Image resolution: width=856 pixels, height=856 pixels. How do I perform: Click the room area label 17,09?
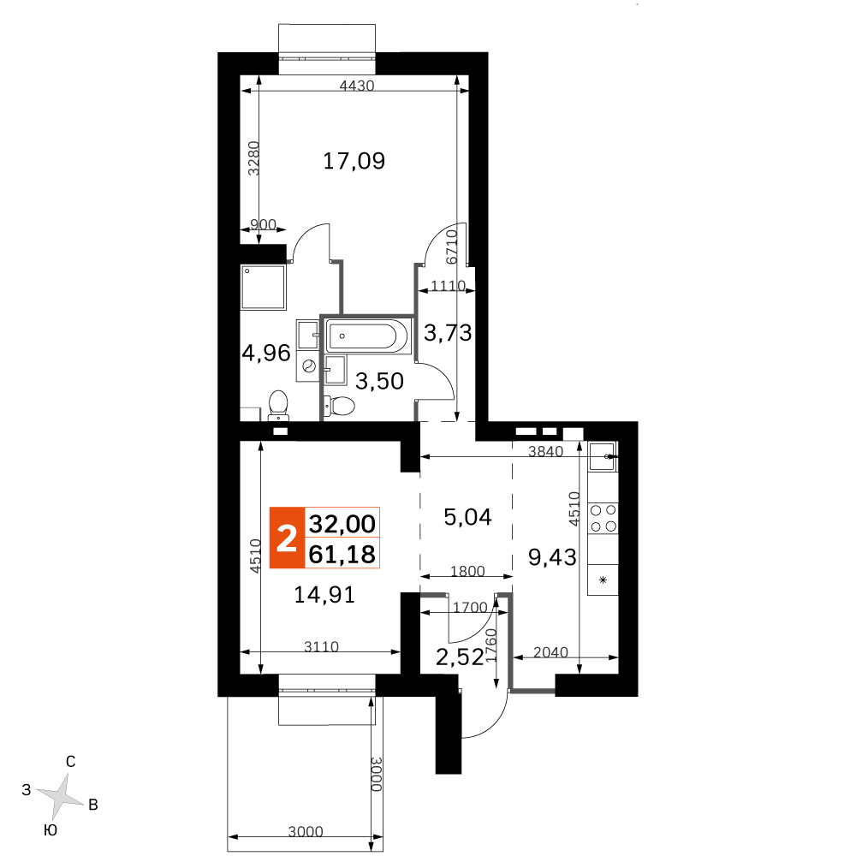click(x=354, y=160)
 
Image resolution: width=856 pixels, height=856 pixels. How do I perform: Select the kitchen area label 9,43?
click(x=552, y=558)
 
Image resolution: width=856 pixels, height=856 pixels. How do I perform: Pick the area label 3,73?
click(x=449, y=333)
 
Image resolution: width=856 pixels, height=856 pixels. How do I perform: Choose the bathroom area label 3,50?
click(x=379, y=382)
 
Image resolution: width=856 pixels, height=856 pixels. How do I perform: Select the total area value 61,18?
click(x=342, y=555)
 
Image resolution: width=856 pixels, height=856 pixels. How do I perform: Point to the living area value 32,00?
click(x=342, y=523)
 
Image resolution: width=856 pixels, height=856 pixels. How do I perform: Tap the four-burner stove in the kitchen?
click(x=603, y=519)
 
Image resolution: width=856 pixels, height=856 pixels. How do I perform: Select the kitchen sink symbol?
click(x=602, y=458)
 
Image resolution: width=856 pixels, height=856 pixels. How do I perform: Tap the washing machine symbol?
click(x=307, y=366)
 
